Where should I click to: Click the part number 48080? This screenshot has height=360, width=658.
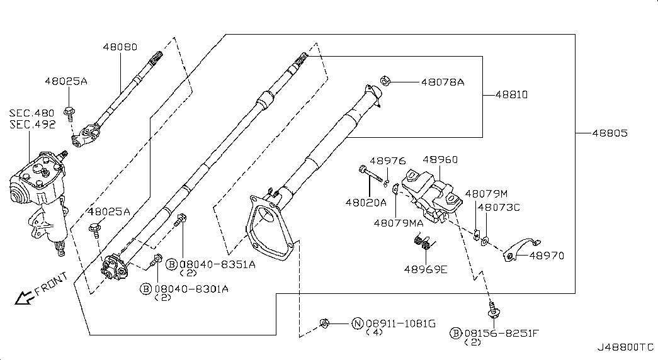(120, 47)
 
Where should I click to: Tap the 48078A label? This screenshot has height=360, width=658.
(443, 82)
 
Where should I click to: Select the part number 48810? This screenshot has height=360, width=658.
(511, 95)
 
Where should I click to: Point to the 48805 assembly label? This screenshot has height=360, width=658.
(610, 133)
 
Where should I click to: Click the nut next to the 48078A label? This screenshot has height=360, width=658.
(385, 81)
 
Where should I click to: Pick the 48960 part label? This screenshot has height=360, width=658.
(440, 159)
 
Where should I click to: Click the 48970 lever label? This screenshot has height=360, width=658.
(547, 256)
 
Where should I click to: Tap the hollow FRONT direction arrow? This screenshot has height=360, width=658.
(24, 298)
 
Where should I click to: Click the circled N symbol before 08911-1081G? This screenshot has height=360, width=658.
(357, 323)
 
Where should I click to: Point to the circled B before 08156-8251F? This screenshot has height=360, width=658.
(456, 334)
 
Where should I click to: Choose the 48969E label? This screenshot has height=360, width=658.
(426, 269)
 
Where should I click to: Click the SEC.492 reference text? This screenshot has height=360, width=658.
(32, 125)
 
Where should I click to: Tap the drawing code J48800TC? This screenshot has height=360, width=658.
(626, 347)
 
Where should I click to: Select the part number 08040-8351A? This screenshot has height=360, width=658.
(217, 264)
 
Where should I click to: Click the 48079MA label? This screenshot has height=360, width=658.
(399, 223)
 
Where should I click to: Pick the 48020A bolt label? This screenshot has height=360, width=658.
(366, 203)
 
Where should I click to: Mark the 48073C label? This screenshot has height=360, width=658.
(499, 207)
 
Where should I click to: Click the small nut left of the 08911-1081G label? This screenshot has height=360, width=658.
(324, 323)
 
